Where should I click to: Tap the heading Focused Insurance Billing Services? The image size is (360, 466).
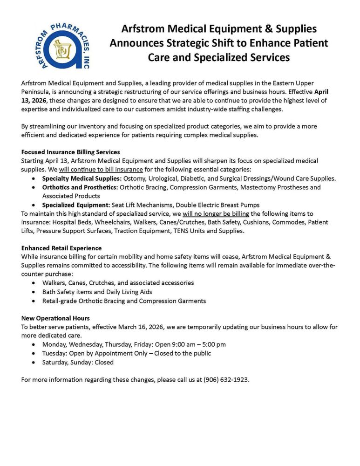tap(70, 152)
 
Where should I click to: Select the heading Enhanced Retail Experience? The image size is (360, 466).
tap(61, 248)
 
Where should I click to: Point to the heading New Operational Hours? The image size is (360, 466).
tap(55, 318)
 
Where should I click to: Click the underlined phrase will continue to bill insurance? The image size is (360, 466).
tap(102, 169)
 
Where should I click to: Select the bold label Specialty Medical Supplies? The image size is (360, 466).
tap(81, 178)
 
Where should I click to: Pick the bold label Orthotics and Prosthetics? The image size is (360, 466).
tap(80, 187)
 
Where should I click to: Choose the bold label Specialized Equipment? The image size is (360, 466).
tap(76, 205)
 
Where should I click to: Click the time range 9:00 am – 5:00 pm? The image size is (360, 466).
tap(197, 344)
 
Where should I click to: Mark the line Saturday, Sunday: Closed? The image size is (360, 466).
tap(78, 362)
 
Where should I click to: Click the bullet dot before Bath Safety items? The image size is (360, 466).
tap(35, 292)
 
